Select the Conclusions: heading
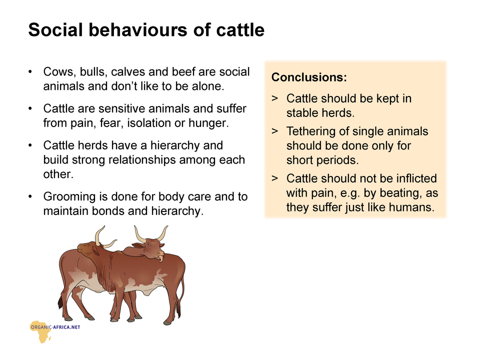coord(309,77)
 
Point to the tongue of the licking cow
coord(160,259)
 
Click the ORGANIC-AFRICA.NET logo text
coord(55,327)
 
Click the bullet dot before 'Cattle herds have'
coord(30,145)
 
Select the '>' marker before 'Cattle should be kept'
coord(275,98)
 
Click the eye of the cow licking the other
coord(148,244)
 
